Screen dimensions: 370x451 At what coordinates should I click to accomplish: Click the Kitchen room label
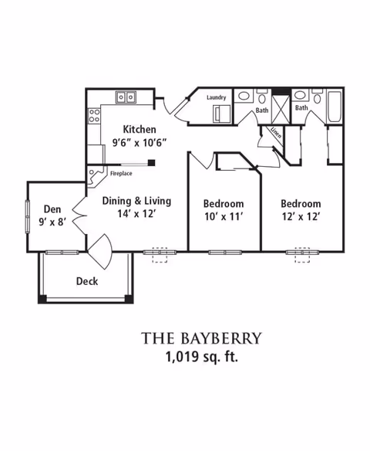[x=140, y=130]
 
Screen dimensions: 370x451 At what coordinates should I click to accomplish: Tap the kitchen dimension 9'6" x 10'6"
[x=140, y=142]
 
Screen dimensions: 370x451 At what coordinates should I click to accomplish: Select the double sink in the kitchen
[x=126, y=97]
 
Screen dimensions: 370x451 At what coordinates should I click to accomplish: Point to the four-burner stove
[x=94, y=115]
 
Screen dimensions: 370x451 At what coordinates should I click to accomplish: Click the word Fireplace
[x=121, y=174]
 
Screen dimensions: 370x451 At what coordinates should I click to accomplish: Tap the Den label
[x=52, y=209]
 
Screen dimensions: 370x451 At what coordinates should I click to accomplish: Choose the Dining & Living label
[x=136, y=201]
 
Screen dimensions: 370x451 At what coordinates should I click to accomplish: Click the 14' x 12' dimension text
[x=136, y=214]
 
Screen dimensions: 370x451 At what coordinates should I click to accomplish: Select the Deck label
[x=87, y=281]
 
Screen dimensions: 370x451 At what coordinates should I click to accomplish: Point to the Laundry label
[x=217, y=97]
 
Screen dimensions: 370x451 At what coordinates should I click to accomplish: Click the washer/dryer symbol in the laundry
[x=221, y=114]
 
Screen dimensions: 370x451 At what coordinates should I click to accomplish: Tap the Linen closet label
[x=276, y=132]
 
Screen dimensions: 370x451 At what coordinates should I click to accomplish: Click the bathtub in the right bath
[x=335, y=107]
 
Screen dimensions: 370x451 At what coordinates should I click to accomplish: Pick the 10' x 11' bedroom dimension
[x=224, y=216]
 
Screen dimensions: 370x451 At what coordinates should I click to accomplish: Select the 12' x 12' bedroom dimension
[x=301, y=216]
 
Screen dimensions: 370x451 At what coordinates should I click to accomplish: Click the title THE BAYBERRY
[x=202, y=338]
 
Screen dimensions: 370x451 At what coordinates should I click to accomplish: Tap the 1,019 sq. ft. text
[x=202, y=357]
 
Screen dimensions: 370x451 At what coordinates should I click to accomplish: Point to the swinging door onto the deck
[x=101, y=252]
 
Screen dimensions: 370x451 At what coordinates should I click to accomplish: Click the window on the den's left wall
[x=28, y=216]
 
